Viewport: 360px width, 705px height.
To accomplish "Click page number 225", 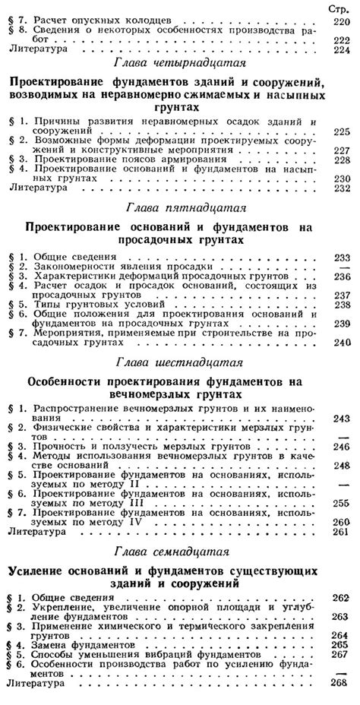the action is (342, 131).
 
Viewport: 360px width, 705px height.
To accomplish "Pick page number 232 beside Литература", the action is (342, 188).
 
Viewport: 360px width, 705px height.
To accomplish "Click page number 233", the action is (342, 258).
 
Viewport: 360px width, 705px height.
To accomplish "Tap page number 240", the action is (342, 342).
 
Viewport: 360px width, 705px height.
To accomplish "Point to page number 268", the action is (342, 684).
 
